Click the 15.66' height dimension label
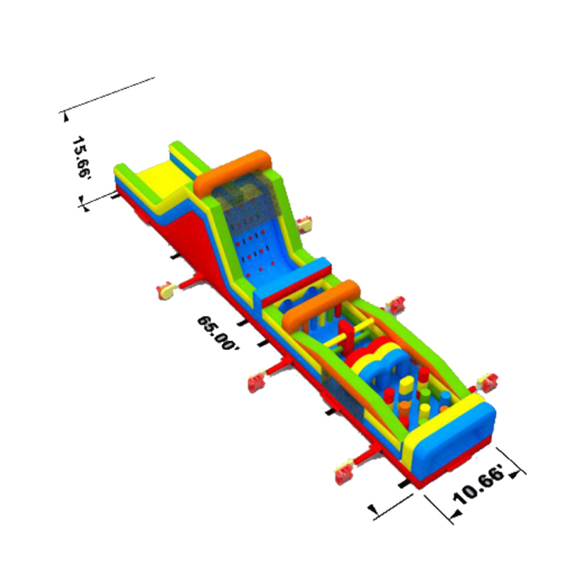click(x=81, y=157)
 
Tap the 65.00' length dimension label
click(x=219, y=333)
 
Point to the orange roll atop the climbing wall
click(x=232, y=171)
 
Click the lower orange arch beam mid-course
click(x=321, y=305)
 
